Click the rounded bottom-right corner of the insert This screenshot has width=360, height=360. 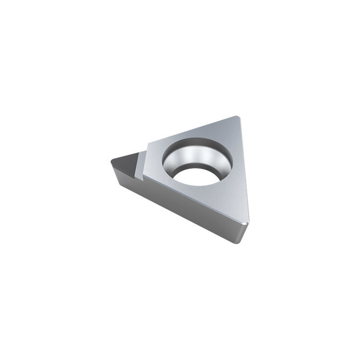(246, 224)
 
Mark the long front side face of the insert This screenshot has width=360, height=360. (192, 206)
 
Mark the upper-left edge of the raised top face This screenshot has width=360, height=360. (192, 130)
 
